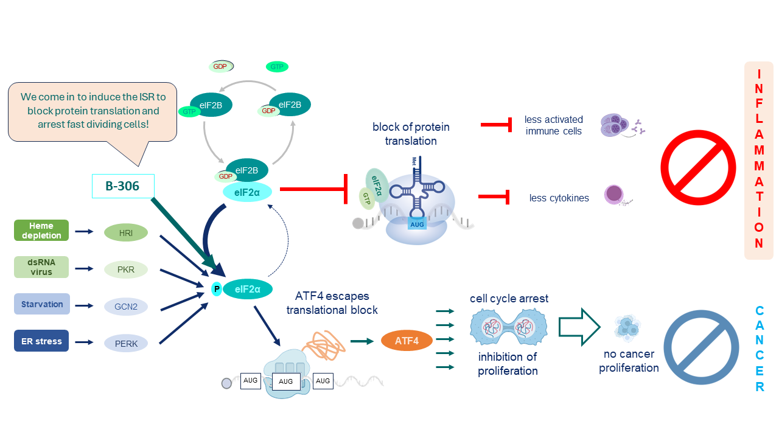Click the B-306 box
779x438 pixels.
tap(123, 186)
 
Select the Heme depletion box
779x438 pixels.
tap(41, 231)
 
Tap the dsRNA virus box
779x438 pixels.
tap(41, 267)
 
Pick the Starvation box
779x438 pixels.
tap(41, 304)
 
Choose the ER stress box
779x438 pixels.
tap(41, 341)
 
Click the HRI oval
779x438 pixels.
tap(126, 232)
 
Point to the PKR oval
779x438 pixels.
tap(126, 269)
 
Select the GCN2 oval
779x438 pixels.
tap(126, 307)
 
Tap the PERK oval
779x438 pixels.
tap(126, 344)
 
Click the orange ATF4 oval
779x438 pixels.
tap(407, 341)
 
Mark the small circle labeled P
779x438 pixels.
tap(216, 290)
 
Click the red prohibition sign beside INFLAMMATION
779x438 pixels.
tap(697, 167)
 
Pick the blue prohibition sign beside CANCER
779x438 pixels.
tap(701, 347)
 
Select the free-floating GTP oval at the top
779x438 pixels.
tap(277, 67)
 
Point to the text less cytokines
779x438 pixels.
tap(559, 198)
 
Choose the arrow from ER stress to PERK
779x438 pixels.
tap(84, 342)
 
